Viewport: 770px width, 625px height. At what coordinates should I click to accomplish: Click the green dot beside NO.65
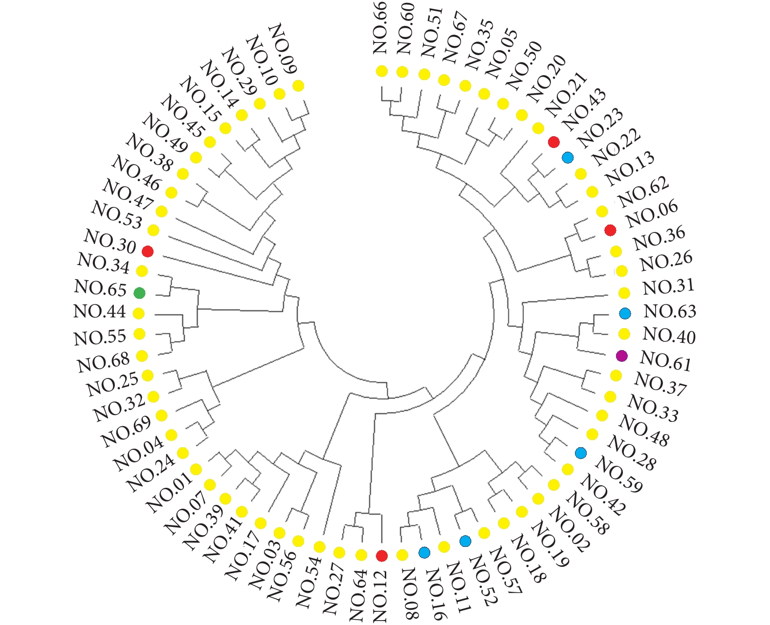[x=139, y=293]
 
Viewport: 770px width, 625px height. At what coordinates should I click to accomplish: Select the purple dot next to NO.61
[x=621, y=356]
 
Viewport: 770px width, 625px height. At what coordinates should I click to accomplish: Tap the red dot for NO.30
[x=148, y=251]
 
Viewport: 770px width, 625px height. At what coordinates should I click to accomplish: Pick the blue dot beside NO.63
[x=625, y=313]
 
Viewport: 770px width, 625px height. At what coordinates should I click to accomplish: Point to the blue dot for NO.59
[x=581, y=453]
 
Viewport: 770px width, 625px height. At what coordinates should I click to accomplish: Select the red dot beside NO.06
[x=610, y=230]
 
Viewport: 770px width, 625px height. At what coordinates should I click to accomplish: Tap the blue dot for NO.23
[x=568, y=157]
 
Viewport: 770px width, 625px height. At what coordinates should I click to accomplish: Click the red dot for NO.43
[x=554, y=142]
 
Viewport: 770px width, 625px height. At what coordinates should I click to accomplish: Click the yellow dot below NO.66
[x=382, y=71]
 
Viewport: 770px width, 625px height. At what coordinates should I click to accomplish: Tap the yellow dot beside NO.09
[x=298, y=86]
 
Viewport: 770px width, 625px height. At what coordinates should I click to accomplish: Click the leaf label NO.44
[x=99, y=312]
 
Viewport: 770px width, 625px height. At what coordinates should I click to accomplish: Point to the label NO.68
[x=103, y=362]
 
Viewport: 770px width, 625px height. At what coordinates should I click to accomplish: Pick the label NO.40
[x=669, y=335]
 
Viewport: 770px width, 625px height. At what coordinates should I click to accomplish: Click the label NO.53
[x=116, y=215]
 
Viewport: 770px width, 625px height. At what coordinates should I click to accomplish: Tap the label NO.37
[x=660, y=383]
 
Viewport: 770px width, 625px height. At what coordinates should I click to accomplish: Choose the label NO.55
[x=100, y=337]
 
